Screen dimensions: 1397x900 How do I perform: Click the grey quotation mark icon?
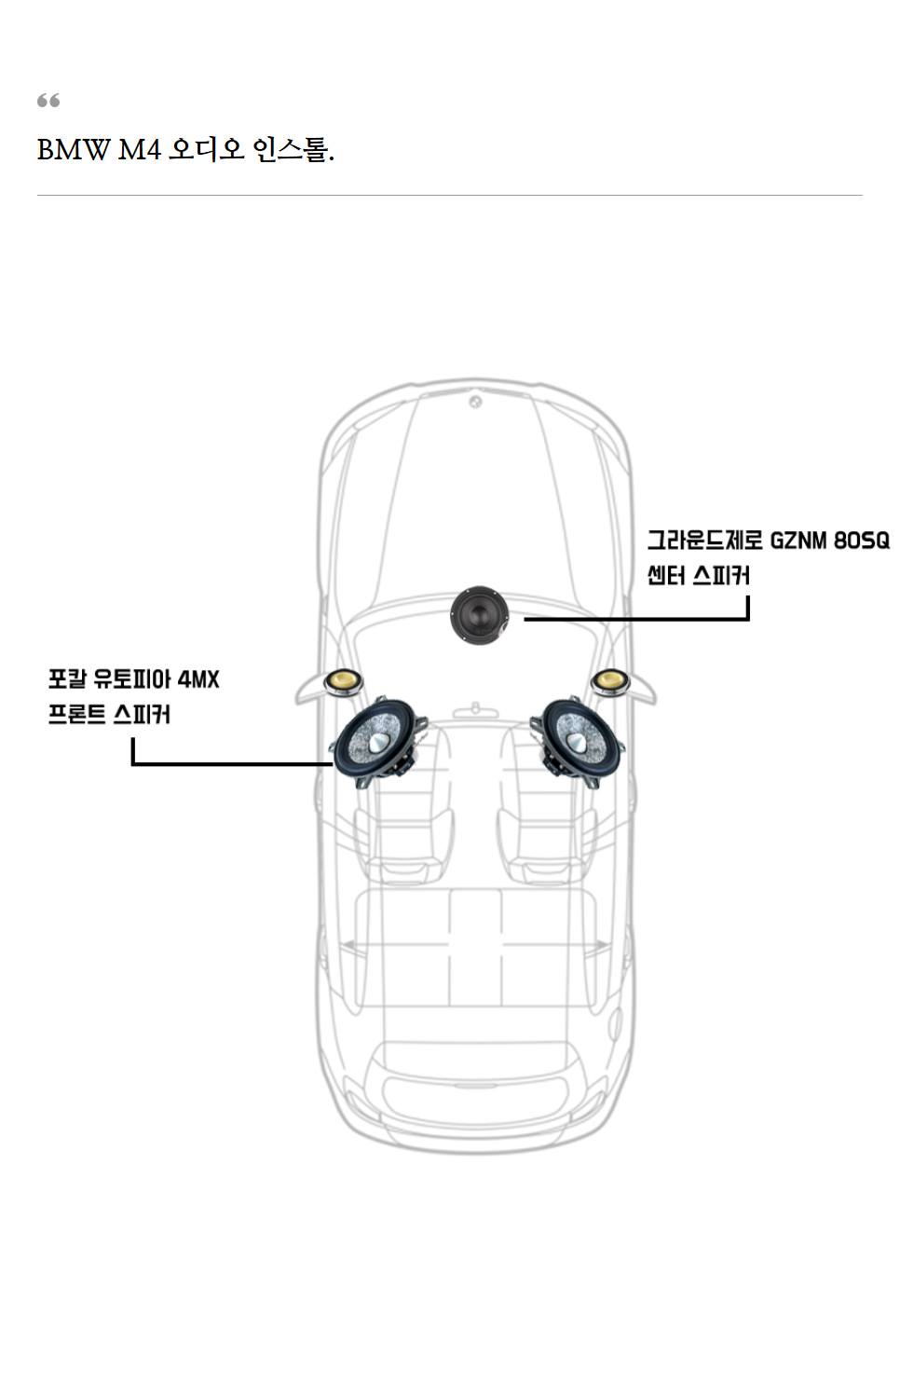point(48,101)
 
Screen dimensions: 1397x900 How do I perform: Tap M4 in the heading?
point(139,149)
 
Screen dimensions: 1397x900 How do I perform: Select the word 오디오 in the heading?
point(205,149)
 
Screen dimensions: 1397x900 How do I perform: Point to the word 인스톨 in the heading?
point(291,149)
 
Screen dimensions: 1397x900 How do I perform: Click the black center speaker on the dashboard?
point(480,614)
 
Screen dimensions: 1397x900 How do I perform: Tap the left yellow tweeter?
point(344,683)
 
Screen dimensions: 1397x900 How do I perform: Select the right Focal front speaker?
point(577,742)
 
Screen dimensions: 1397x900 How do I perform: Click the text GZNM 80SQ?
point(829,541)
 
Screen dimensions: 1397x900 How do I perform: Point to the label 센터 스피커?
point(699,576)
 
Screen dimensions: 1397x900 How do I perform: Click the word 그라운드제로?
point(704,541)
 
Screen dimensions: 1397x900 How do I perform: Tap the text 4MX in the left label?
point(198,679)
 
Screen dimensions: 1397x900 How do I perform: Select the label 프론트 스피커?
point(109,715)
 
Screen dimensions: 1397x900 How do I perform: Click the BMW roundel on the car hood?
point(475,402)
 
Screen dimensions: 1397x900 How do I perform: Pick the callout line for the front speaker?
point(233,763)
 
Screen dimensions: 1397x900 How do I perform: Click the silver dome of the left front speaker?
point(382,742)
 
